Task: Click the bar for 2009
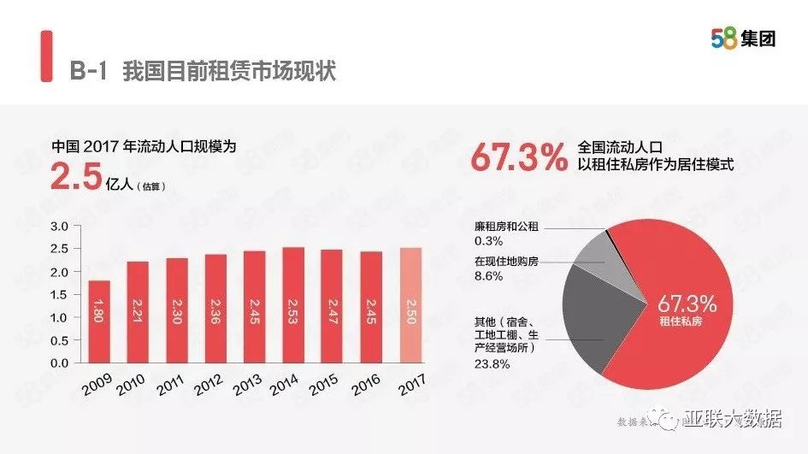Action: pyautogui.click(x=99, y=321)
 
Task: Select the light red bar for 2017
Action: pyautogui.click(x=410, y=305)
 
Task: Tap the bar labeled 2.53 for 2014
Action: pyautogui.click(x=293, y=304)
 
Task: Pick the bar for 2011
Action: pyautogui.click(x=177, y=310)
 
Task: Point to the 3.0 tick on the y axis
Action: pyautogui.click(x=59, y=227)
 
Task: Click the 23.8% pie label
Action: pyautogui.click(x=492, y=363)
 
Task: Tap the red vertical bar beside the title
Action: pyautogui.click(x=45, y=58)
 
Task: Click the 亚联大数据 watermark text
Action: pyautogui.click(x=733, y=420)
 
